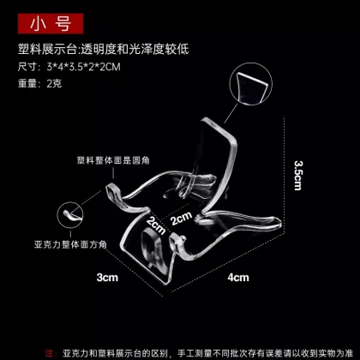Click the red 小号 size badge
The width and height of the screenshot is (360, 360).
[x=51, y=24]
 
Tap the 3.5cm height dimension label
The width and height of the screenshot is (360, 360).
[x=298, y=175]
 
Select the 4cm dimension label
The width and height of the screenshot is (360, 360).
[x=238, y=278]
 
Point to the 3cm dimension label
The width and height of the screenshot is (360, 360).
[x=107, y=278]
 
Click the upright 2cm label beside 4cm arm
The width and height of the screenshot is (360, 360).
[x=182, y=219]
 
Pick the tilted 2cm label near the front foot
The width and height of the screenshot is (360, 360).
[x=156, y=225]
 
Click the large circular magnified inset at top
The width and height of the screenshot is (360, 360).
[x=251, y=84]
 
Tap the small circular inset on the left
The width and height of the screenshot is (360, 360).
[x=70, y=215]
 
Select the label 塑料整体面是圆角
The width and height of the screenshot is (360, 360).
[x=113, y=160]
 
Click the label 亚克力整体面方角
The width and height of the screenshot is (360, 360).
[x=70, y=244]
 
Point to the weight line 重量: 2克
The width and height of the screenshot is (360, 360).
[x=39, y=83]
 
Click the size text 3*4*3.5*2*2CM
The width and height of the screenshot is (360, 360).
[x=83, y=67]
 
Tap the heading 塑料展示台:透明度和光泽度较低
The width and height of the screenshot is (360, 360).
[x=104, y=49]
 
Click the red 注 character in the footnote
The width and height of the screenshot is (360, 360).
[x=49, y=353]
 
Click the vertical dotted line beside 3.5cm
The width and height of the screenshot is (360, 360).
[x=285, y=175]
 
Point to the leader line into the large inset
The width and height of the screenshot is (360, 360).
[x=231, y=113]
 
